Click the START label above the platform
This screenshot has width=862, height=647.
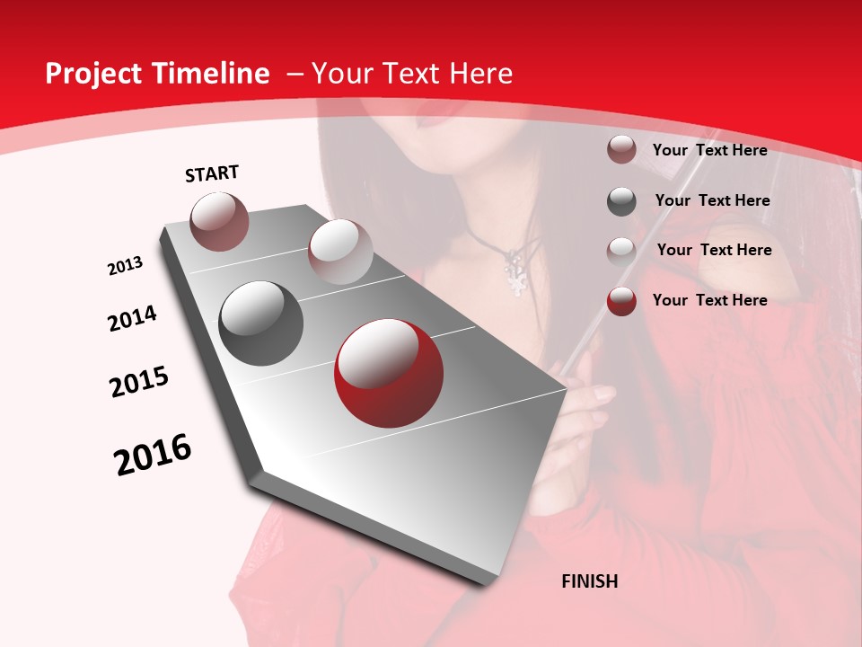tap(212, 173)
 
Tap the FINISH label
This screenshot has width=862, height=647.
tap(589, 581)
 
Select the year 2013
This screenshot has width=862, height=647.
tap(125, 266)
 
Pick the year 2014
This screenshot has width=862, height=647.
tap(132, 319)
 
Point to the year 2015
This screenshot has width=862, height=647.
tap(139, 382)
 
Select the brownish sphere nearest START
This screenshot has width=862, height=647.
tap(220, 221)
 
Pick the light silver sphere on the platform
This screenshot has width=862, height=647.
tap(340, 252)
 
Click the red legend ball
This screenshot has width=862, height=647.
tap(621, 301)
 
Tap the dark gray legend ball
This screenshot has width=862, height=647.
tap(621, 201)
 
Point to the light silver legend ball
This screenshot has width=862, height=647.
tap(621, 251)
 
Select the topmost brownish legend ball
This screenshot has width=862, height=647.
tap(621, 150)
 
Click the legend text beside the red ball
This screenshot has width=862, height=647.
tap(709, 300)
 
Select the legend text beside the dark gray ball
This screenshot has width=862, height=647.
tap(712, 200)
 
